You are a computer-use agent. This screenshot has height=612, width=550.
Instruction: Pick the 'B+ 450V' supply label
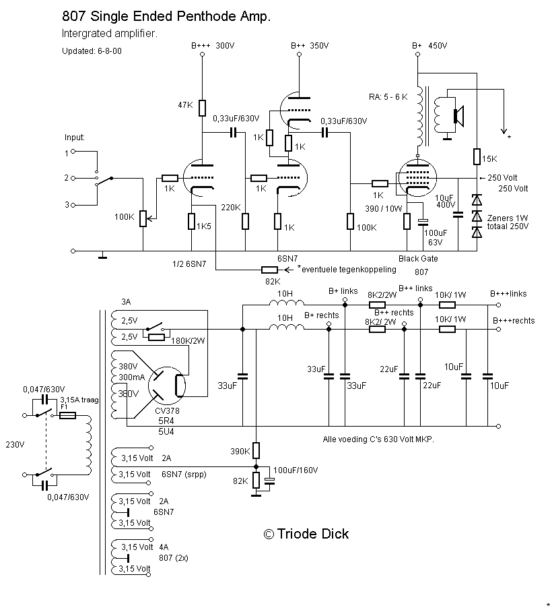[x=429, y=46]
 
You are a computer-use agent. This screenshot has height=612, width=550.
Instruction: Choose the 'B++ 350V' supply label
[x=310, y=46]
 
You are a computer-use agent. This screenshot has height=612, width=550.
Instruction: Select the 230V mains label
[x=15, y=444]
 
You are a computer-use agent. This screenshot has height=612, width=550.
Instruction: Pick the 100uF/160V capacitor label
[x=295, y=469]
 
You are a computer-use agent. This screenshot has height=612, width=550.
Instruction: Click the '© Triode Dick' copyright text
[x=306, y=534]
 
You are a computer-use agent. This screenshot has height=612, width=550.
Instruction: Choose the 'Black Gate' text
[x=418, y=259]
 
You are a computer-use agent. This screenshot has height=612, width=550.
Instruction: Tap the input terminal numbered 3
[x=67, y=204]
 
